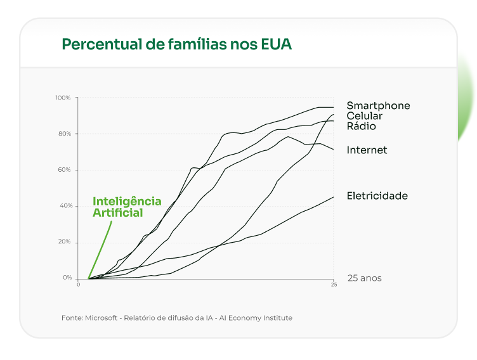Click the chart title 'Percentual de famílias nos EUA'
point(177,44)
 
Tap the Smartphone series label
point(378,106)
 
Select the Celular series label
point(364,116)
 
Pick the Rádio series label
point(361,126)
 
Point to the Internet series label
point(367,150)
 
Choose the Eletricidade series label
point(377,196)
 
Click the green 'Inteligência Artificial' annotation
point(127,207)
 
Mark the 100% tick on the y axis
point(63,98)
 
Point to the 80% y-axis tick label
point(65,134)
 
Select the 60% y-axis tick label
point(65,170)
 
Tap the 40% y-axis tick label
point(65,206)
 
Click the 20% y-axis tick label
point(65,242)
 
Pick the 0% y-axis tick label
point(67,278)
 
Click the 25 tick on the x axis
point(334,285)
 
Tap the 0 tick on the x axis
point(79,285)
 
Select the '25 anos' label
point(365,278)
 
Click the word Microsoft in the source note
point(102,318)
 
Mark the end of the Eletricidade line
point(333,197)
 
